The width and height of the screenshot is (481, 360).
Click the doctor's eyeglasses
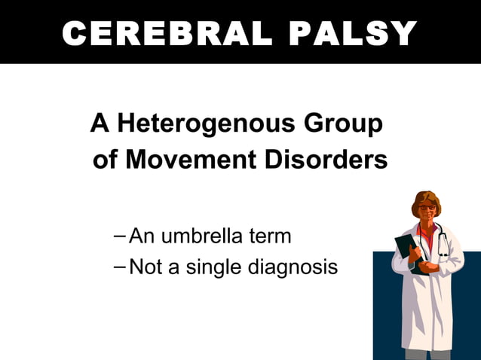tap(427, 206)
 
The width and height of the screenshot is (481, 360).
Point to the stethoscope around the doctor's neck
tap(443, 245)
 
